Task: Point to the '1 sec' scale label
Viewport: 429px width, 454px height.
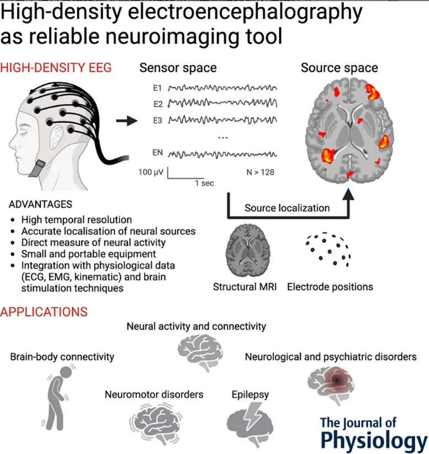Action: click(x=203, y=183)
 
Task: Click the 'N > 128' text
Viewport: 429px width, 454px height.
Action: click(x=260, y=172)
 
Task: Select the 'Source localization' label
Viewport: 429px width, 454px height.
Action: click(x=287, y=208)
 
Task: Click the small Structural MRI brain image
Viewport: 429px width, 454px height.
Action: click(x=246, y=251)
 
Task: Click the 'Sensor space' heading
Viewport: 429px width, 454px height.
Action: click(x=178, y=68)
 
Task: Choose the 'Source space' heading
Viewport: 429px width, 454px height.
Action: click(x=339, y=68)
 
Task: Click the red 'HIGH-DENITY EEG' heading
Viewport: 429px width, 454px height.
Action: click(x=56, y=68)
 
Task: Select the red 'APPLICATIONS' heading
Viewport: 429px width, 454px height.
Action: click(x=44, y=312)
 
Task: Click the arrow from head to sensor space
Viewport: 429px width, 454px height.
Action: click(x=126, y=121)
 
